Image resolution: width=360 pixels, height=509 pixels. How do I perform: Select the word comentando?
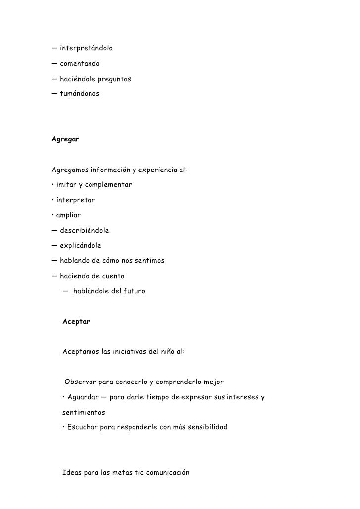pos(80,64)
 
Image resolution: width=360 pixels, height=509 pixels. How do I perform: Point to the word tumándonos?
pos(80,93)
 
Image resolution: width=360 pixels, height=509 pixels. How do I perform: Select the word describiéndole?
pos(84,230)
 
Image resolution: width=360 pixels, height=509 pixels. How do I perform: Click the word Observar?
pos(81,382)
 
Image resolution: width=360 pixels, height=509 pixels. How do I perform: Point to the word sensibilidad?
pos(203,427)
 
